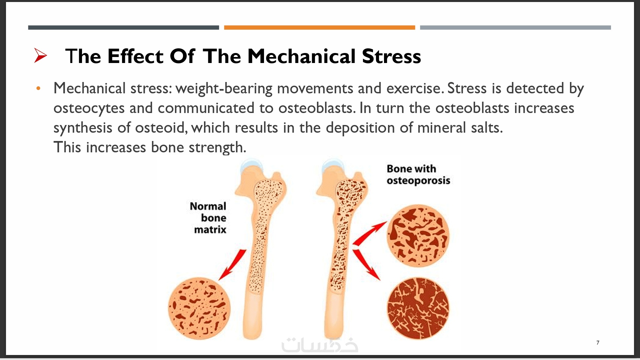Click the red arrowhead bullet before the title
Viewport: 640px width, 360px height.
pos(40,55)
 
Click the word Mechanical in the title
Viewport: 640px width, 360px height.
pos(301,56)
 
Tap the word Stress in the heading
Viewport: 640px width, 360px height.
pos(391,56)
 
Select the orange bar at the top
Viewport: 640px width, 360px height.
pos(319,28)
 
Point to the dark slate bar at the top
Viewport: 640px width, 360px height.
pos(123,28)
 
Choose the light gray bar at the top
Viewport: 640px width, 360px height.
pos(515,28)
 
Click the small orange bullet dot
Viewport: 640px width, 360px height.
pos(38,88)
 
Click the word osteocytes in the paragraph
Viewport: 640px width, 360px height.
pos(89,108)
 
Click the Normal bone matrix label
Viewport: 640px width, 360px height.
pos(209,218)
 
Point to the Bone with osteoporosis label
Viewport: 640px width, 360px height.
pos(418,174)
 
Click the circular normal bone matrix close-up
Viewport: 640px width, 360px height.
pos(199,308)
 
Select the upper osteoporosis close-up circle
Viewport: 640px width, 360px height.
pos(418,236)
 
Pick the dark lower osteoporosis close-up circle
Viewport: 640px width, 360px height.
pos(418,308)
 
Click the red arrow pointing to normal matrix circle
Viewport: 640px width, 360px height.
pos(233,264)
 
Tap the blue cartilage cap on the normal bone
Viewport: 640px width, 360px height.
pos(252,165)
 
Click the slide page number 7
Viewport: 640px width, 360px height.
pos(598,343)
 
